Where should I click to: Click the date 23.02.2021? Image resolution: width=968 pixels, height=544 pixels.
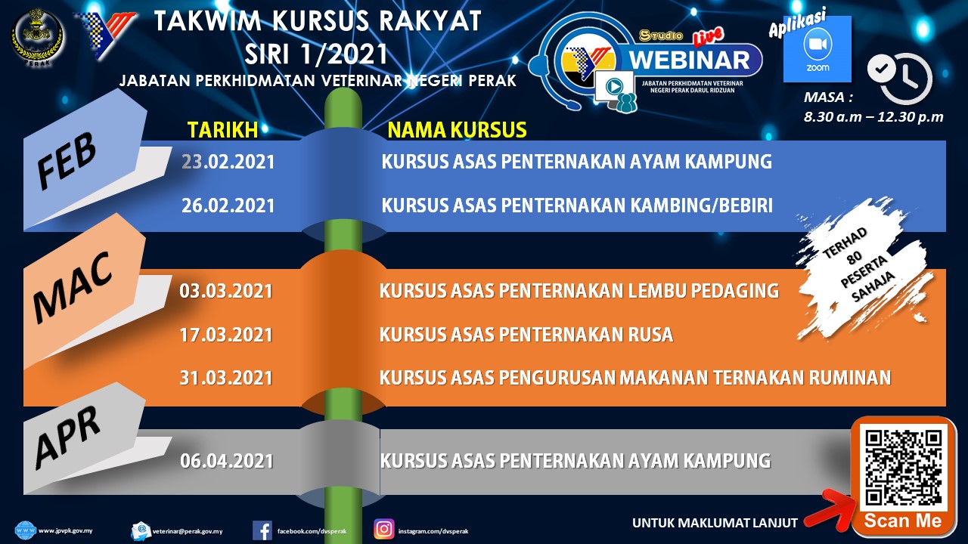(x=228, y=162)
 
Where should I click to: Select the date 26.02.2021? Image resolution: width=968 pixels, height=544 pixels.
(x=228, y=206)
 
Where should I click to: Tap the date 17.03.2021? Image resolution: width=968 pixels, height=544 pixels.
(x=226, y=335)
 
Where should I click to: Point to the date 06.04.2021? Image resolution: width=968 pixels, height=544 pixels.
(x=227, y=461)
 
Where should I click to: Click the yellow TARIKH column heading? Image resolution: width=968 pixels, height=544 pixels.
(x=222, y=130)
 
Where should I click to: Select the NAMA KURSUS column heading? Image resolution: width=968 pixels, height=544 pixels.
(x=457, y=130)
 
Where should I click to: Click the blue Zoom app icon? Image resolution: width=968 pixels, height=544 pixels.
(x=818, y=49)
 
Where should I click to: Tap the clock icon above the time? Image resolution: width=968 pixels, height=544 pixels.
(x=900, y=78)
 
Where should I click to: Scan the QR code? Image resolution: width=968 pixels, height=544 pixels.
(x=903, y=468)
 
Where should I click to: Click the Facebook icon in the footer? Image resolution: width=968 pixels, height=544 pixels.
(x=262, y=530)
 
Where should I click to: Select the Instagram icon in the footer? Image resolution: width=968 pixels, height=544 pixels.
(x=383, y=530)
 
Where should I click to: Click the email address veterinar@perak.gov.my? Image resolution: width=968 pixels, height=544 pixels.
(x=188, y=531)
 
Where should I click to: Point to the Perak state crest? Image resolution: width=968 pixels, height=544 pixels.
(x=38, y=38)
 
